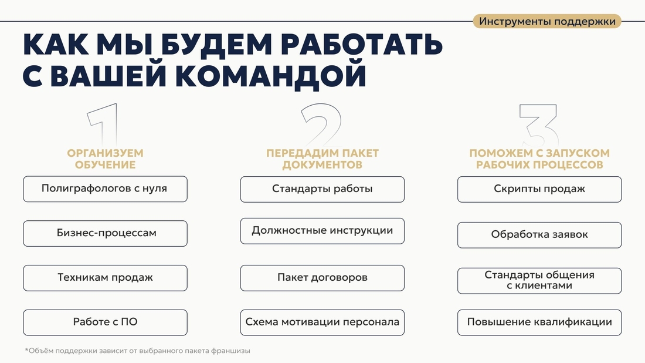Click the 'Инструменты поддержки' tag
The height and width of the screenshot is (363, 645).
546,21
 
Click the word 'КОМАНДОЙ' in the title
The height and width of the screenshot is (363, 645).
271,75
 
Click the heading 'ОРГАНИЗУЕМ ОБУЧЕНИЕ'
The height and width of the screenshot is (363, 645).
106,159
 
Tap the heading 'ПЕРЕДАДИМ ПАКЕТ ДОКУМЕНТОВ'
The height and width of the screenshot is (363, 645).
322,159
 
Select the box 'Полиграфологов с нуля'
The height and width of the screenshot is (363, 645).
106,189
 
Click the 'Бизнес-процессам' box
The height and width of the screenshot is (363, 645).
106,234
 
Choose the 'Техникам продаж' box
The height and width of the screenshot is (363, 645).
106,278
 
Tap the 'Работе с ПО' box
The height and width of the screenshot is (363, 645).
106,322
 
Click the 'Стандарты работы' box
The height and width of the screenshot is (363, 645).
322,190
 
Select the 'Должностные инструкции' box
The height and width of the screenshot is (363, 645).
322,231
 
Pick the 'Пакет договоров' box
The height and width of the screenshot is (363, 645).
322,278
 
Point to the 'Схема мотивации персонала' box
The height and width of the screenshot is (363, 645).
322,322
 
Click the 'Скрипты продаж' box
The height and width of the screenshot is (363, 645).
539,190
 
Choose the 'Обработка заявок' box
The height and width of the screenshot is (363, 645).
539,236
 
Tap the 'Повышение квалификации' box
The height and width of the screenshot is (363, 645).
539,322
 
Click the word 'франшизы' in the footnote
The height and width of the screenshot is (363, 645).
230,351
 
